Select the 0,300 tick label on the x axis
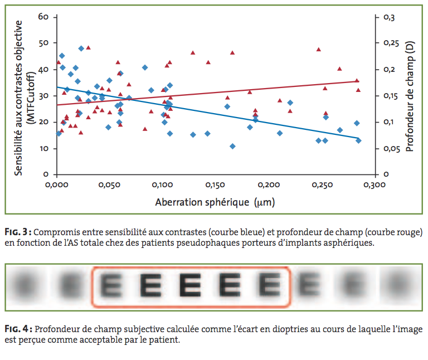(x=374, y=184)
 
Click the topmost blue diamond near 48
(x=81, y=48)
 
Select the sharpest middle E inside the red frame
(x=191, y=286)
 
